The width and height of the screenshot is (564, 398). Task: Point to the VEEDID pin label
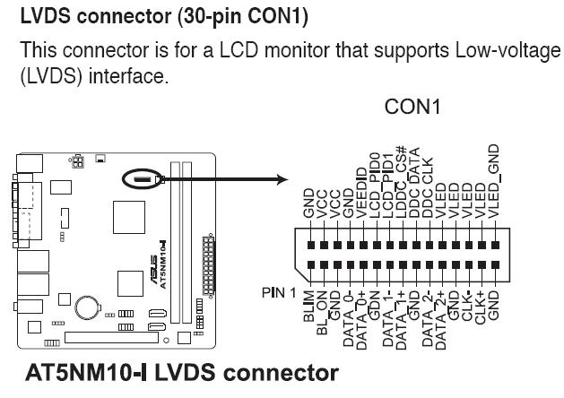pyautogui.click(x=361, y=189)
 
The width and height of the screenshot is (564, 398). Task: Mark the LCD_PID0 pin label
pyautogui.click(x=375, y=183)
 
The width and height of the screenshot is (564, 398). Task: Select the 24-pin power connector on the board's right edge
pyautogui.click(x=208, y=265)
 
